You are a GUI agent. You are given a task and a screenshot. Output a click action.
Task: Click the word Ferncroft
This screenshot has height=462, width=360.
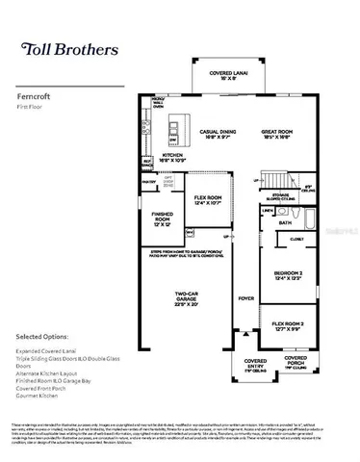click(34, 96)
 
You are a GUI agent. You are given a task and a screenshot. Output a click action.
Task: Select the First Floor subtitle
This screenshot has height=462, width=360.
click(31, 107)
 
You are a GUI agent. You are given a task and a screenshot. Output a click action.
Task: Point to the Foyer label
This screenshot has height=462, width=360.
click(245, 298)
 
